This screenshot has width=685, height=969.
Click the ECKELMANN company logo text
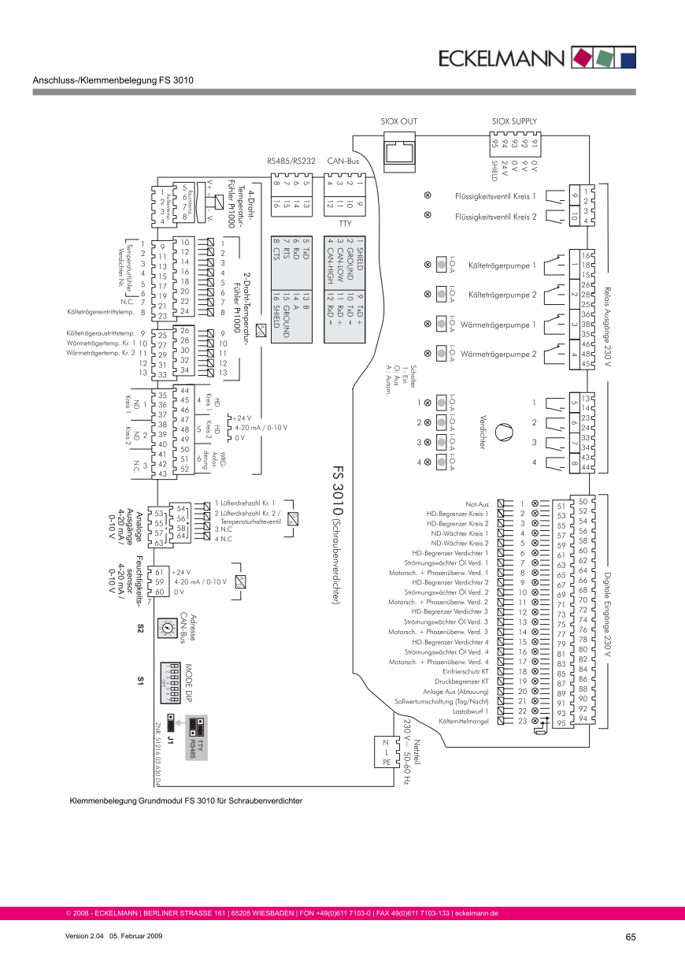coord(502,58)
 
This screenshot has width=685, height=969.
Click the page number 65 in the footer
coord(631,937)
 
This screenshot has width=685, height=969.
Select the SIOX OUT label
coord(398,121)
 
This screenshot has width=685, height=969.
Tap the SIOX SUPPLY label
coord(514,121)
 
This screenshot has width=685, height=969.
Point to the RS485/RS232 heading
coord(291,161)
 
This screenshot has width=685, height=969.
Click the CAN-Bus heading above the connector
coord(343,161)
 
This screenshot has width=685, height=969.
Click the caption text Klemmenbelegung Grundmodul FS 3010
coord(186,800)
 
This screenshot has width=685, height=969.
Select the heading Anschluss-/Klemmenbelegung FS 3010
coord(113,80)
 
